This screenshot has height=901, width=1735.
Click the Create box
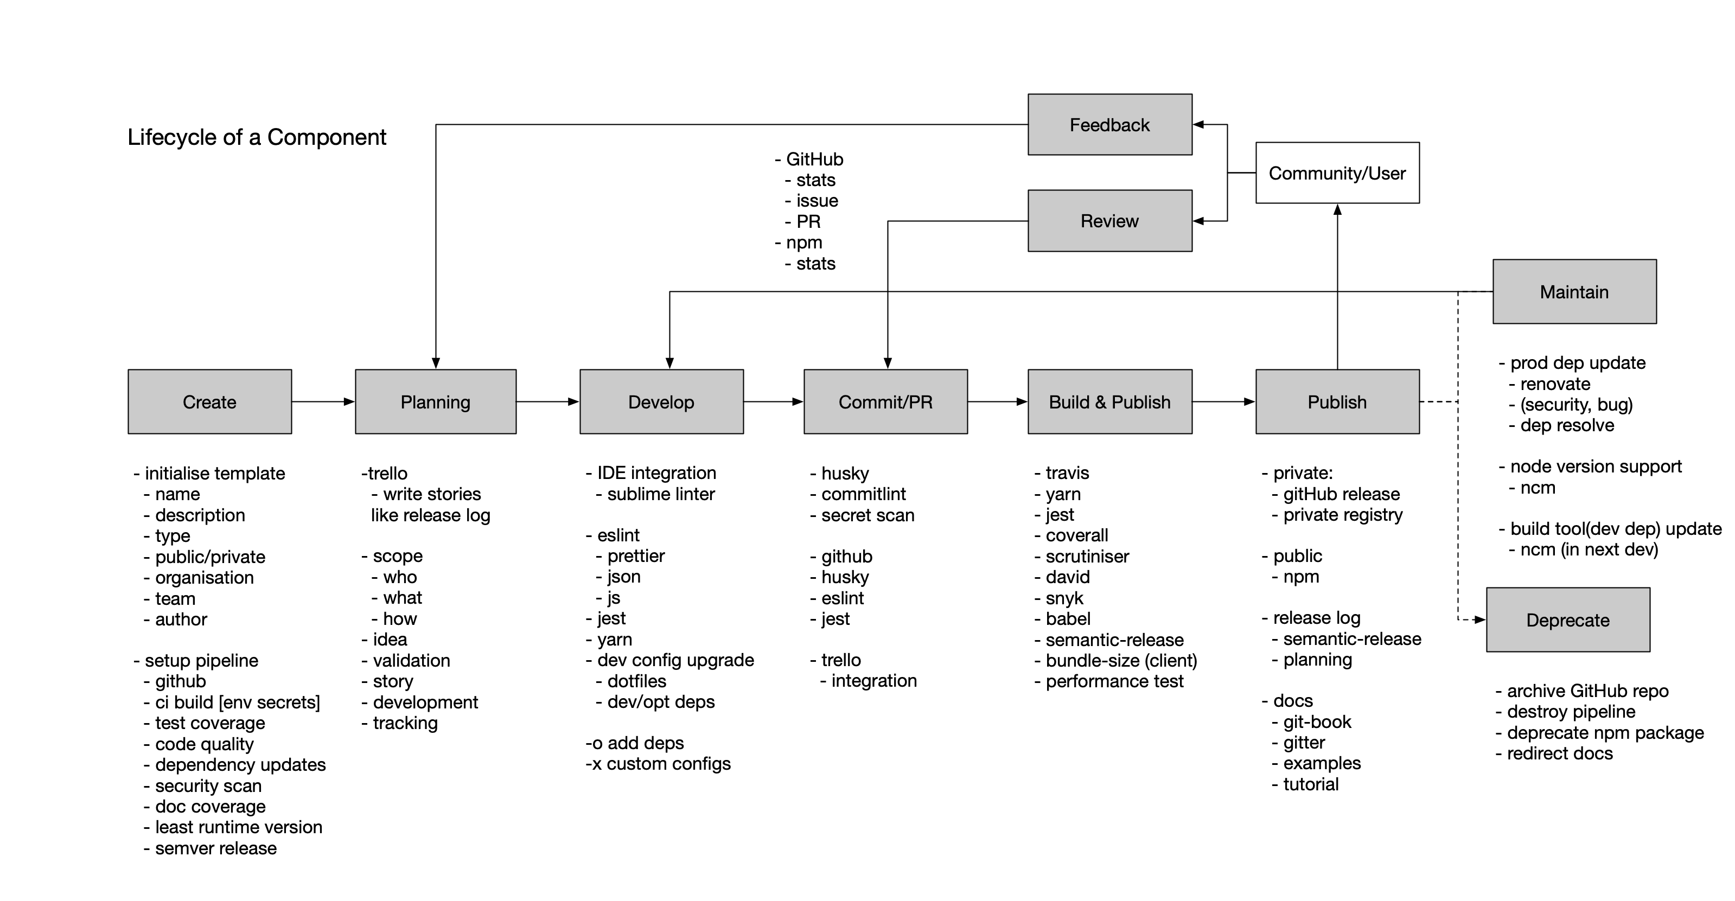209,401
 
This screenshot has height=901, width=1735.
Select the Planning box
436,401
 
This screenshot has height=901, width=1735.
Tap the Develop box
661,401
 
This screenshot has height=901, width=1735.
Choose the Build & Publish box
1110,401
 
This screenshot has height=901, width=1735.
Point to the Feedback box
1110,125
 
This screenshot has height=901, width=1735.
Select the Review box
1110,221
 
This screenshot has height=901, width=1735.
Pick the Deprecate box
1568,619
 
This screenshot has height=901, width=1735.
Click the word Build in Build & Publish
1069,402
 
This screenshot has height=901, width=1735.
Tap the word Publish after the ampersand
1141,402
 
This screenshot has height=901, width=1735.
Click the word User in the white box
1389,174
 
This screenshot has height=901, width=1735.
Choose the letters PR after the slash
921,402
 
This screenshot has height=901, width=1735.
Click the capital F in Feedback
1075,125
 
